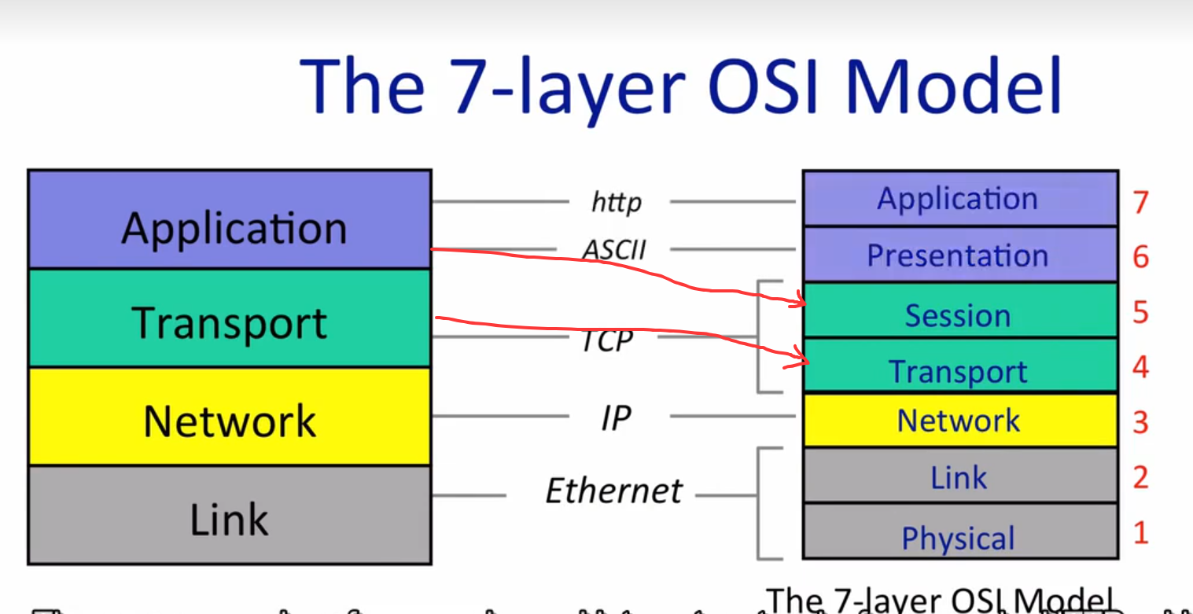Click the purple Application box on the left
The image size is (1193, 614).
click(x=229, y=220)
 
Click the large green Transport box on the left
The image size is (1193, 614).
click(x=229, y=318)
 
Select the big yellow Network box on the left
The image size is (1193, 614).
click(x=229, y=417)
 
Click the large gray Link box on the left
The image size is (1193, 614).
click(x=229, y=515)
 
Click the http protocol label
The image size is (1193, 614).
click(x=616, y=203)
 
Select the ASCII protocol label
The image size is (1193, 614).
click(x=614, y=250)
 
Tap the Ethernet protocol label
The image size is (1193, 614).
click(x=614, y=491)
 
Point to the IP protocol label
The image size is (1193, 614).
click(x=615, y=418)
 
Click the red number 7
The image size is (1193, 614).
click(x=1141, y=202)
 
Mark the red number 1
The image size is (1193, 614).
click(x=1141, y=533)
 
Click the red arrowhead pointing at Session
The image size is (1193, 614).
click(x=800, y=302)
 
